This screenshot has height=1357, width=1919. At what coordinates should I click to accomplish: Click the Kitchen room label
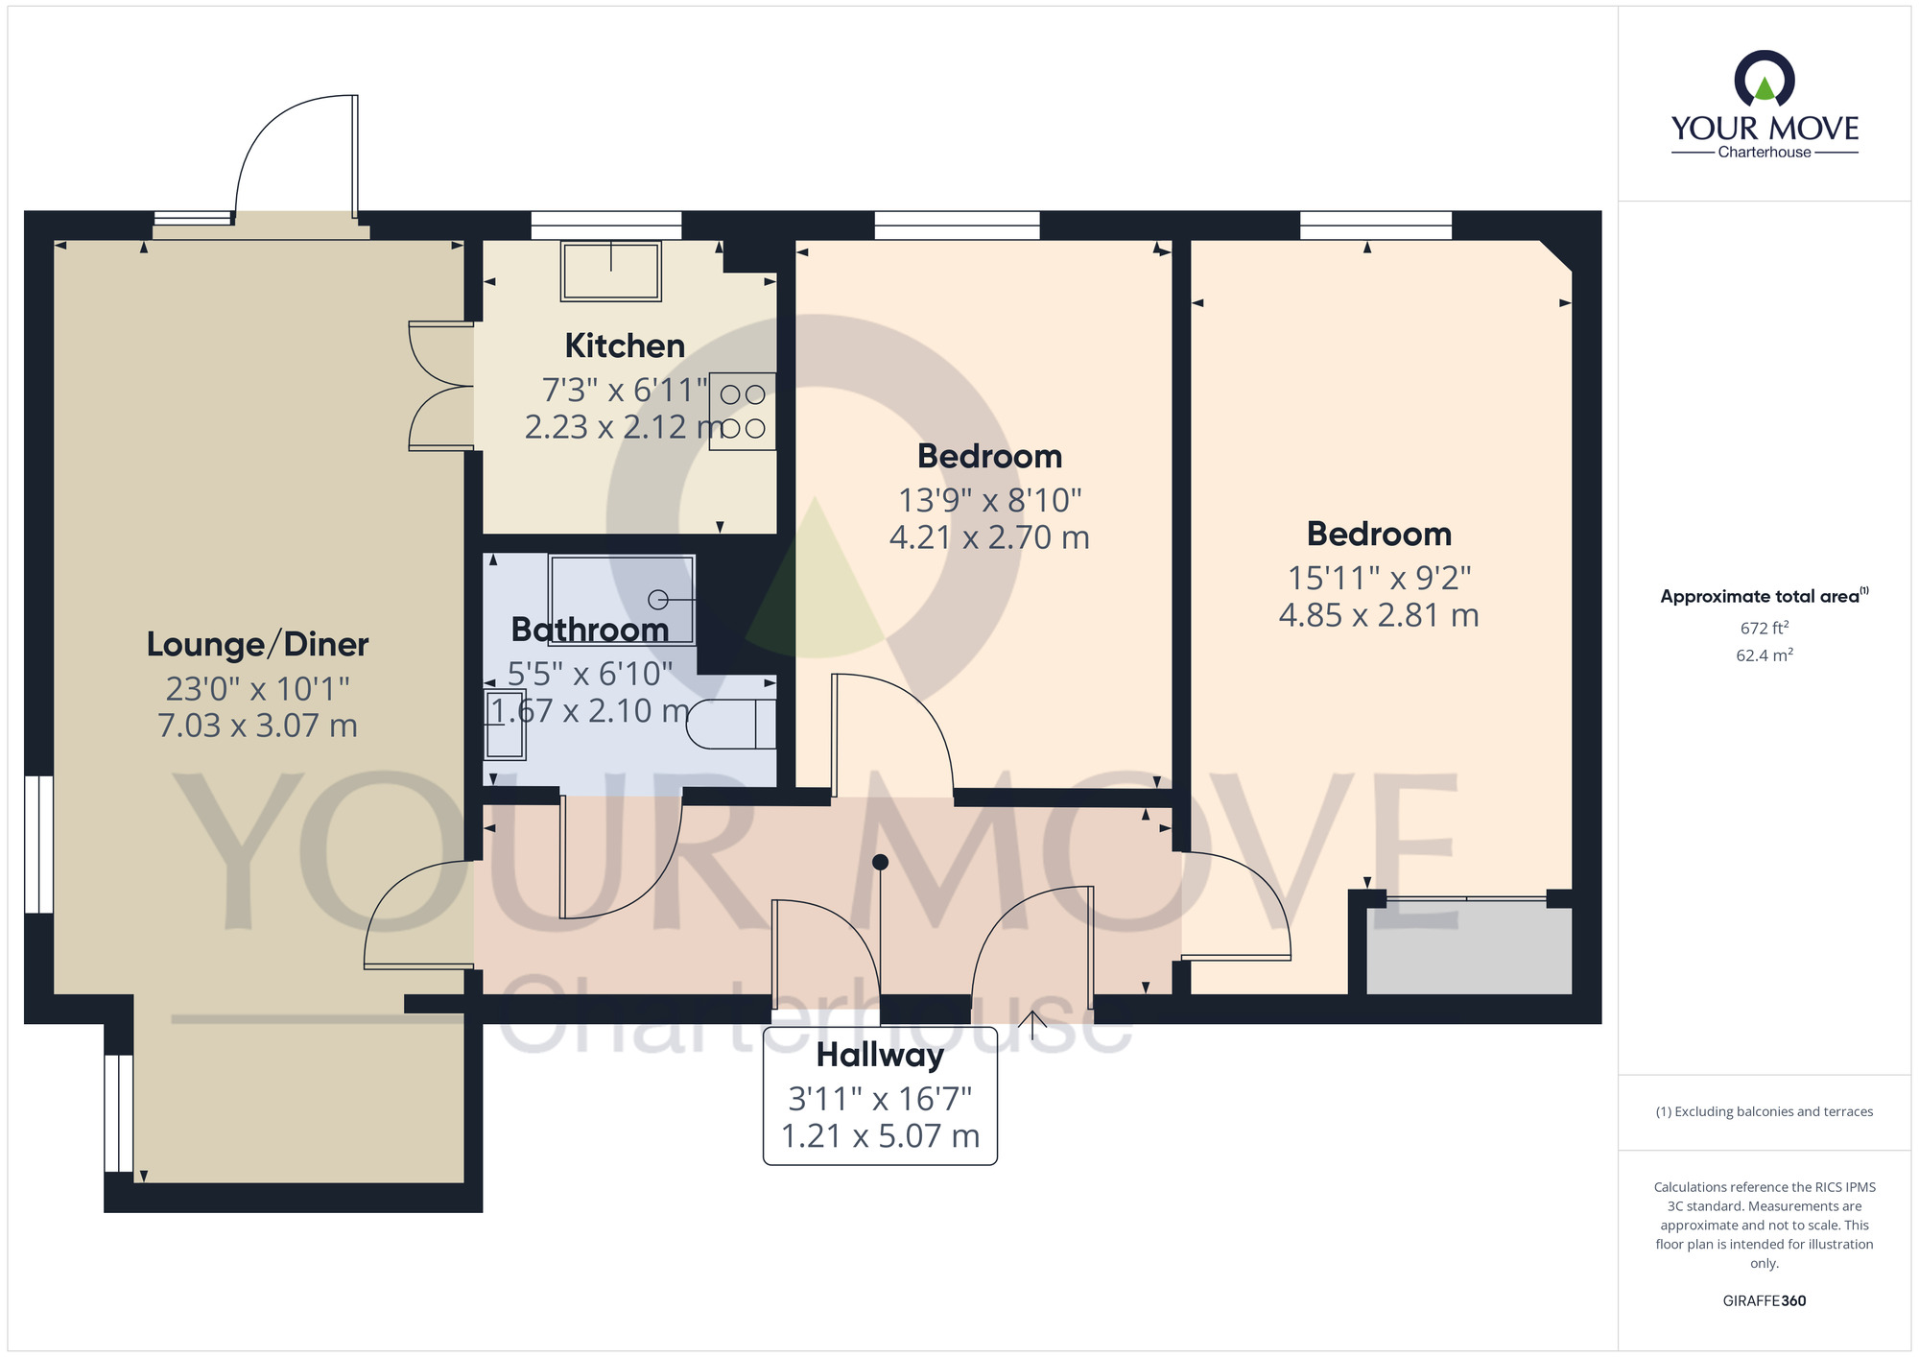(625, 345)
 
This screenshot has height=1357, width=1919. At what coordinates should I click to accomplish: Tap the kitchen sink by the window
(611, 271)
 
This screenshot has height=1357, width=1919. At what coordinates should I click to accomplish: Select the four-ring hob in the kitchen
(743, 411)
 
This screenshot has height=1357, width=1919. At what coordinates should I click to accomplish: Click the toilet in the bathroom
(731, 724)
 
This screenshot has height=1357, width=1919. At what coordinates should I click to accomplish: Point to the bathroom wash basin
(505, 725)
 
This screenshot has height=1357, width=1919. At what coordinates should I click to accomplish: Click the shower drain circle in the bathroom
(658, 600)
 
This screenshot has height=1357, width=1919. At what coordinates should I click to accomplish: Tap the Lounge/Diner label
(257, 644)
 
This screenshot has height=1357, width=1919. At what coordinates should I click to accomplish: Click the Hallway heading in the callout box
(880, 1056)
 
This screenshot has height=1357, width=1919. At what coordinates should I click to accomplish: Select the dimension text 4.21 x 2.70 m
(989, 537)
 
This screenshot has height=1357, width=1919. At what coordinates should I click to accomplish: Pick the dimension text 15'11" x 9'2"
(1379, 578)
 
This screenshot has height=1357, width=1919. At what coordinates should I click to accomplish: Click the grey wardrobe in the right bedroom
(1469, 946)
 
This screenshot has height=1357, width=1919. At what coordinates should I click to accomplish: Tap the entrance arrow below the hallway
(1032, 1025)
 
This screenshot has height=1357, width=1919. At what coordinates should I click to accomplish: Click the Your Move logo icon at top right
(1765, 79)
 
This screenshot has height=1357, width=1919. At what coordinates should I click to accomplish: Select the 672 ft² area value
(1765, 629)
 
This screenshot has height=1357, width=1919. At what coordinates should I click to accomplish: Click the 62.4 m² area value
(1765, 655)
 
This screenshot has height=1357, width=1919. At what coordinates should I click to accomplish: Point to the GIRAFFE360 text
(1765, 1301)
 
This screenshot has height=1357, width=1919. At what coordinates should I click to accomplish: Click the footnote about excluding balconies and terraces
(1765, 1111)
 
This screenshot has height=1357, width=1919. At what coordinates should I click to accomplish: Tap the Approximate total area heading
(1765, 596)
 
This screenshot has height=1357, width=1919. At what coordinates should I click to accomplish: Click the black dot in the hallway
(880, 863)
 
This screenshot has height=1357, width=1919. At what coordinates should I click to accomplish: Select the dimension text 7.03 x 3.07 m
(257, 726)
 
